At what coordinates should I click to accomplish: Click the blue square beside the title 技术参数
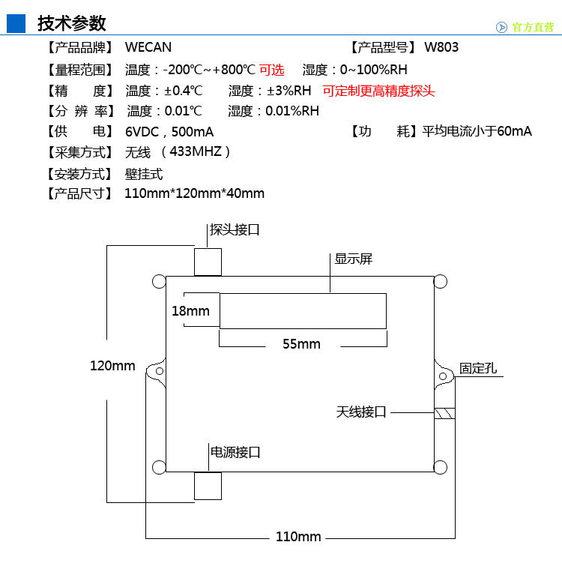pyautogui.click(x=16, y=23)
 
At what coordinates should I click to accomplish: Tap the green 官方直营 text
pyautogui.click(x=533, y=27)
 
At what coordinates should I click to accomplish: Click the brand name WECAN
pyautogui.click(x=148, y=47)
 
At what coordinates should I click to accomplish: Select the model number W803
pyautogui.click(x=441, y=47)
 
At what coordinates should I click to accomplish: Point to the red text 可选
pyautogui.click(x=272, y=70)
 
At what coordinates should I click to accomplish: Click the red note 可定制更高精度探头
pyautogui.click(x=378, y=91)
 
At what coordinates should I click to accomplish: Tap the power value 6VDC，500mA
pyautogui.click(x=169, y=132)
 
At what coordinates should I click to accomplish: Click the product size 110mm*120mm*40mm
pyautogui.click(x=195, y=193)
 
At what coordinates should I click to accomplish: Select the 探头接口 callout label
pyautogui.click(x=235, y=230)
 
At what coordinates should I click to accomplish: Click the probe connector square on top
pyautogui.click(x=208, y=261)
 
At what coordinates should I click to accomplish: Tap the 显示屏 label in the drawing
pyautogui.click(x=354, y=259)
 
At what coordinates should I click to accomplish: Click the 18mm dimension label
pyautogui.click(x=190, y=311)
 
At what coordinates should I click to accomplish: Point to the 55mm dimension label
pyautogui.click(x=301, y=344)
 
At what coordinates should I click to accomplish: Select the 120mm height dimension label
pyautogui.click(x=112, y=366)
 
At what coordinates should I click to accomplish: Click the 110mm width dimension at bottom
pyautogui.click(x=298, y=537)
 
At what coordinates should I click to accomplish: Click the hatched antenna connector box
pyautogui.click(x=444, y=413)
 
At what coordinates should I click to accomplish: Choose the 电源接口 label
pyautogui.click(x=235, y=452)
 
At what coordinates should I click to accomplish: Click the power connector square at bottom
pyautogui.click(x=208, y=486)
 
